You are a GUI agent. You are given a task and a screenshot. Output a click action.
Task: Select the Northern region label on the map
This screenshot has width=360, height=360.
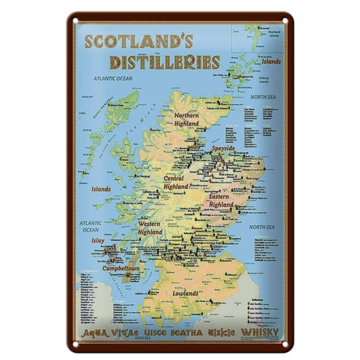click(186, 115)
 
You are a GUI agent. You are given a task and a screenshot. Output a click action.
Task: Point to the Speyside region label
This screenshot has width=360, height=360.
click(223, 149)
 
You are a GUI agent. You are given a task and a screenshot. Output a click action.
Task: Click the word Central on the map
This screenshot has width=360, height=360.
click(173, 178)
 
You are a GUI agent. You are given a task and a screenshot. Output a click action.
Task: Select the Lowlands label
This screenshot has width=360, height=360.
click(185, 293)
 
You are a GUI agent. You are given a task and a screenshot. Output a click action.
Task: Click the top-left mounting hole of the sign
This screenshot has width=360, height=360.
click(75, 21)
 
